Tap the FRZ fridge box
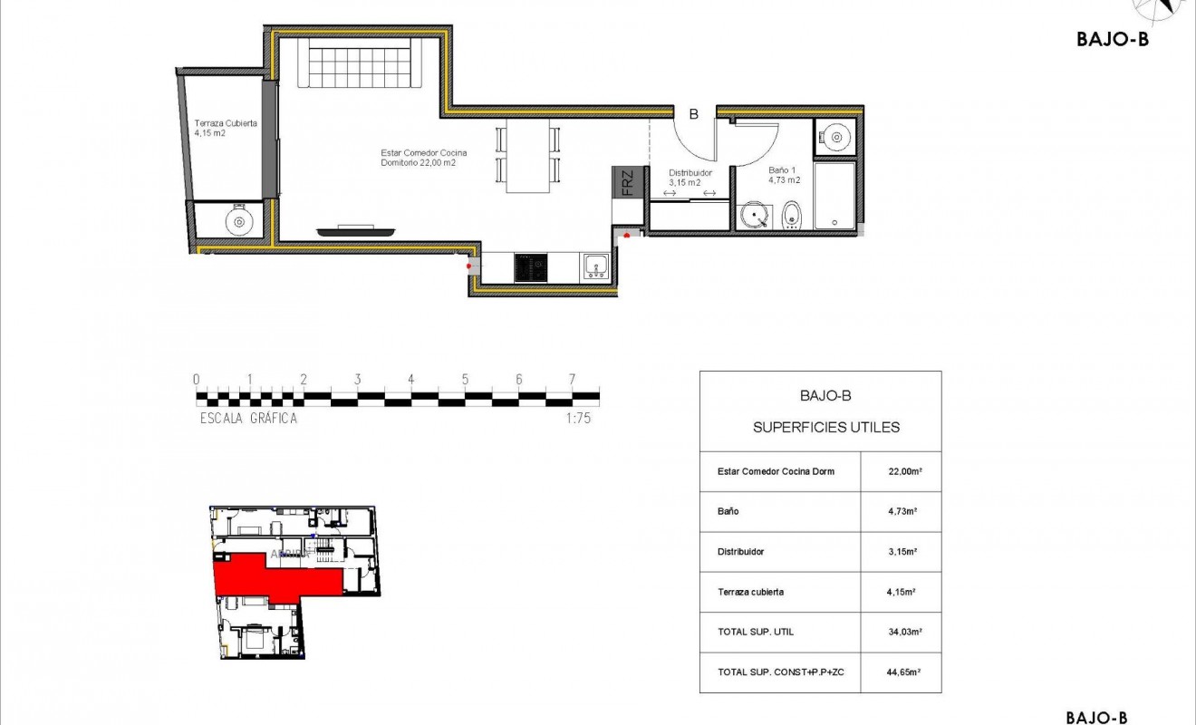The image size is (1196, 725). coord(627,183)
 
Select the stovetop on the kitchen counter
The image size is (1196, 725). coord(531,268)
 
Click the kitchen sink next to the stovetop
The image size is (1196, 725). coord(596,266)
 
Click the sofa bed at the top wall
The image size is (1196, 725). coord(360,63)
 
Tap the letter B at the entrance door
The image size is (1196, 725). coord(693,114)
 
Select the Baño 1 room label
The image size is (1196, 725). coord(784,174)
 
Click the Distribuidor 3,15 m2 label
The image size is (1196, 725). coord(690,177)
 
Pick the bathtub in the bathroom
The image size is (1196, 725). coord(834,196)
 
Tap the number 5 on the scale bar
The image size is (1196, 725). coord(465,380)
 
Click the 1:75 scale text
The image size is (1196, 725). coord(577,419)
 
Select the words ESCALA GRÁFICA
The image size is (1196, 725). coord(248,419)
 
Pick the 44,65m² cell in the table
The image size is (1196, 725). coord(901,672)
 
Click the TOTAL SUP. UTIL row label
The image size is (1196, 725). coord(755,632)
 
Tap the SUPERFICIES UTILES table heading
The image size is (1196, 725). coord(826,427)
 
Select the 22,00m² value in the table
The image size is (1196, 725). coord(901,471)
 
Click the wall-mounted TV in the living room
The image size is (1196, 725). coord(355,231)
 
